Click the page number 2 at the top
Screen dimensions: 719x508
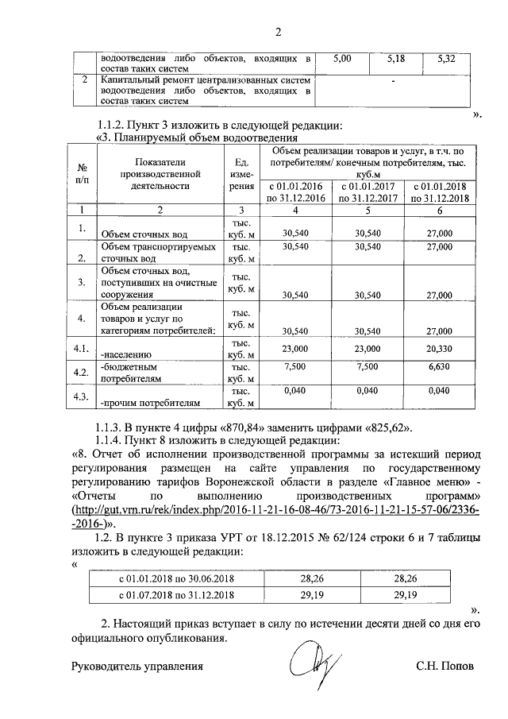pyautogui.click(x=278, y=33)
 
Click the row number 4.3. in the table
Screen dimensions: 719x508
pyautogui.click(x=80, y=396)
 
